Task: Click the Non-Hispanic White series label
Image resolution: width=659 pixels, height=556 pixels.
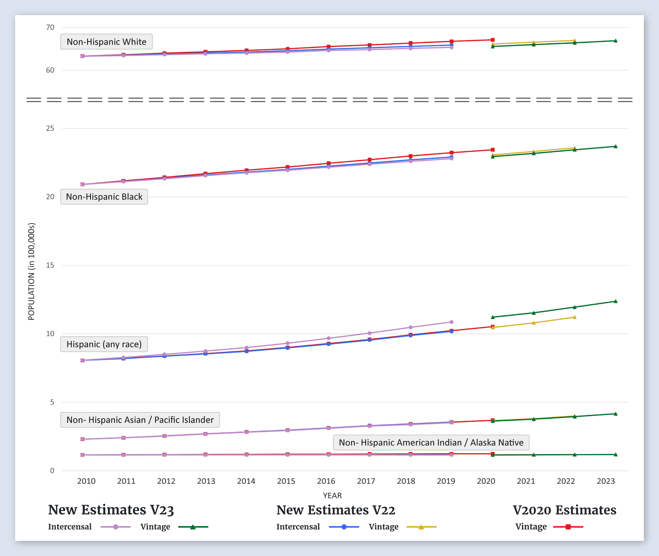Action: click(106, 42)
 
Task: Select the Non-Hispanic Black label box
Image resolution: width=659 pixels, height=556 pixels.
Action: click(104, 197)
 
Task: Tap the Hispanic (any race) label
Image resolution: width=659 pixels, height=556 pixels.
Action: click(104, 344)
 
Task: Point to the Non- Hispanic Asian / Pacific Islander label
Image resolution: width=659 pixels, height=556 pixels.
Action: click(140, 420)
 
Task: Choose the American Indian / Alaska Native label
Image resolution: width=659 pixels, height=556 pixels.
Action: click(431, 443)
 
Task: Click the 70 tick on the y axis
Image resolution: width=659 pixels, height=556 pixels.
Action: click(50, 27)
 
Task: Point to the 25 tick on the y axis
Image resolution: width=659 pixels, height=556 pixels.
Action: click(50, 128)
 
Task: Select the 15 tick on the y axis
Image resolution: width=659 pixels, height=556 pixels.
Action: click(50, 265)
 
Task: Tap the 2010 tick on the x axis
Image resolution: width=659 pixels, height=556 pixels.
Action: click(86, 481)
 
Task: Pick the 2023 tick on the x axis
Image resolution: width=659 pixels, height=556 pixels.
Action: click(606, 481)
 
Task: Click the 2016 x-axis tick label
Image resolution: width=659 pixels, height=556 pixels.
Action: click(326, 481)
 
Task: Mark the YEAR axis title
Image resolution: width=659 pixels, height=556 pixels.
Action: click(332, 495)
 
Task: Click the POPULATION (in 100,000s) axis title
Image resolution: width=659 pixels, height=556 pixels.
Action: click(31, 272)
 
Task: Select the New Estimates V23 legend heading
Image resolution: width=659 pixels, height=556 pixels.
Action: click(111, 510)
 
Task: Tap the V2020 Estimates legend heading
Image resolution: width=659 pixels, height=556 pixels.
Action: click(564, 510)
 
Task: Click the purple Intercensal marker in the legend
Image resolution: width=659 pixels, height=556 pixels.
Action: click(116, 527)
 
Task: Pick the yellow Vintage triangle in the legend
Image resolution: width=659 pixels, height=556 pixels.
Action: click(421, 527)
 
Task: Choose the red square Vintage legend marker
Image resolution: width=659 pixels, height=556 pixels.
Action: click(568, 527)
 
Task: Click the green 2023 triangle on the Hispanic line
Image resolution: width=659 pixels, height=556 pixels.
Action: click(615, 301)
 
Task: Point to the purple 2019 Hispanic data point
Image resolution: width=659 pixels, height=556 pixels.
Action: click(451, 322)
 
